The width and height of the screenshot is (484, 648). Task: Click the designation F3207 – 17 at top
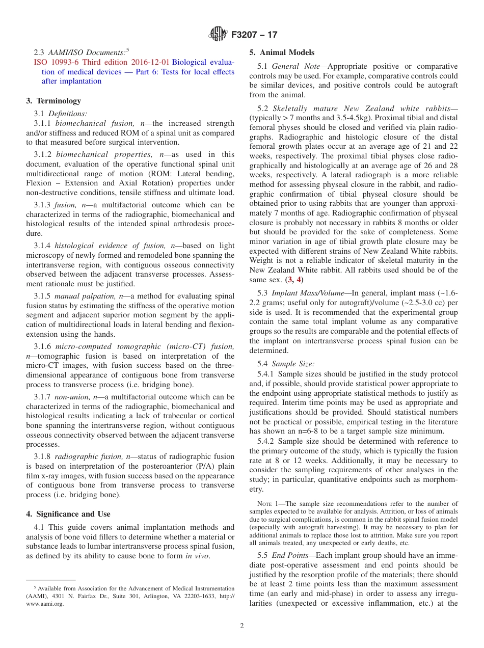click(x=254, y=35)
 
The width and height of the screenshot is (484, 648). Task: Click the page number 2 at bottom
click(x=242, y=626)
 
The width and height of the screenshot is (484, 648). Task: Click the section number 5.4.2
click(x=266, y=441)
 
